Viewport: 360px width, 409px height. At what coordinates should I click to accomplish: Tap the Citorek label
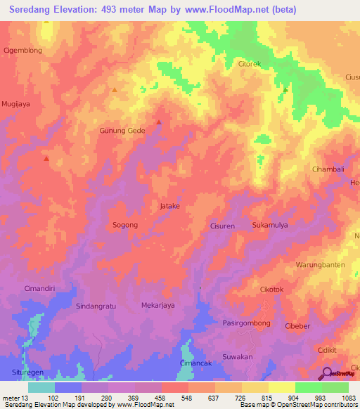[250, 64]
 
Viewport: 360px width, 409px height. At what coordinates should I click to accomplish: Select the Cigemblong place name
[23, 51]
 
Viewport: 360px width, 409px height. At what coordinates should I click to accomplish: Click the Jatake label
[170, 206]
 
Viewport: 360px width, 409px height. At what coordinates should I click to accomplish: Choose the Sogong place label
[125, 225]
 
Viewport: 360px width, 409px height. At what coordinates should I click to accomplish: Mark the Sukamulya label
[271, 226]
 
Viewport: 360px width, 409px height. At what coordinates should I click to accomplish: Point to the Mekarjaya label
[158, 306]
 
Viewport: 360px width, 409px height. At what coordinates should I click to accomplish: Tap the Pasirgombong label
[246, 322]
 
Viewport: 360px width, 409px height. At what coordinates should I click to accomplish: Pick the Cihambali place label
[328, 169]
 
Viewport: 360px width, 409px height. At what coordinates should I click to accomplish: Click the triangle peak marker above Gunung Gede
[158, 122]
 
